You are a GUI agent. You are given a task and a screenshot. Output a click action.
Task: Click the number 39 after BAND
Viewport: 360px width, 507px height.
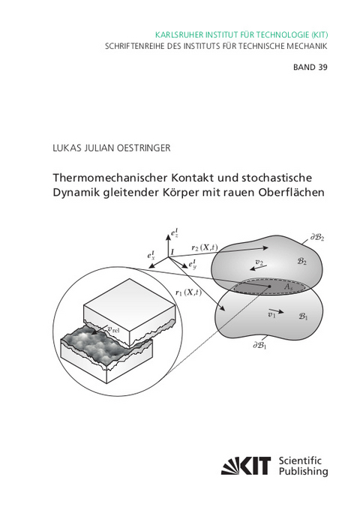coord(322,67)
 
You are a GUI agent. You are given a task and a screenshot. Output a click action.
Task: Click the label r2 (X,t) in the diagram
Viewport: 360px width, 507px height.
coord(205,247)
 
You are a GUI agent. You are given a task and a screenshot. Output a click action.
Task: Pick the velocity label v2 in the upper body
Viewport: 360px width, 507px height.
coord(259,262)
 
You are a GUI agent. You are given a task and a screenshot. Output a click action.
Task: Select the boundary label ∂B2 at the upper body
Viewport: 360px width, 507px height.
coord(318,238)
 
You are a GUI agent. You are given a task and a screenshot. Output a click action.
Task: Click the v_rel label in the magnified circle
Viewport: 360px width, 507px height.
coord(113,328)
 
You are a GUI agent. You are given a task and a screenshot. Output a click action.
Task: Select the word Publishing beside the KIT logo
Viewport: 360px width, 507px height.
coord(304,472)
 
